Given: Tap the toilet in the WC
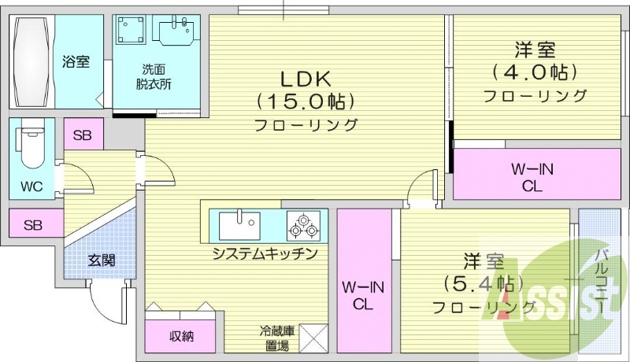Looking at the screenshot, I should point(31,146).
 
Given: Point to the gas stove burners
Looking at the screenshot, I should point(303,227).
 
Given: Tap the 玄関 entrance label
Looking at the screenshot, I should point(102,260).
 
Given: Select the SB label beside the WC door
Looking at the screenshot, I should point(83,135).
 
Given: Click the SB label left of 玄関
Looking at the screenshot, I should point(32,225).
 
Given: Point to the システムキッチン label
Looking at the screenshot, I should point(265,253).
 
